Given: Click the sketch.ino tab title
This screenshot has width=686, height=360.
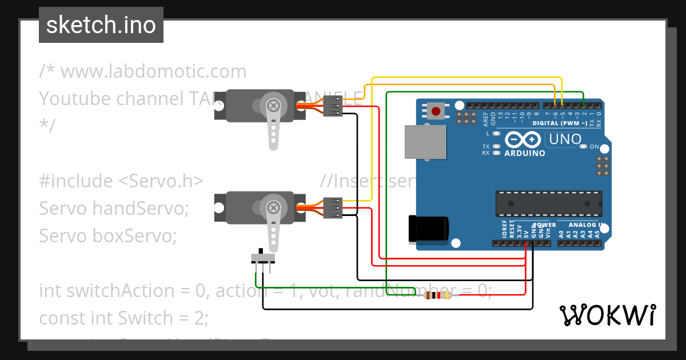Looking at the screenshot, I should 101,25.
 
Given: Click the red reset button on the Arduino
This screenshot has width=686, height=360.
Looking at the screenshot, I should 436,111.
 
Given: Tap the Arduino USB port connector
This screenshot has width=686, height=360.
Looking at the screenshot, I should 424,142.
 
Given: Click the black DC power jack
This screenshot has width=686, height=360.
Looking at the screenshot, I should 428,229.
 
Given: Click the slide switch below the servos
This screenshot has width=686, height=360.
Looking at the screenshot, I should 263,257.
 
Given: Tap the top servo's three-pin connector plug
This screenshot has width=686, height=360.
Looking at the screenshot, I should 333,106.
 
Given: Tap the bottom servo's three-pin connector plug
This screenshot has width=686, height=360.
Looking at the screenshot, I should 333,207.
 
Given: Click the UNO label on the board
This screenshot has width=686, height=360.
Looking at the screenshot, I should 564,139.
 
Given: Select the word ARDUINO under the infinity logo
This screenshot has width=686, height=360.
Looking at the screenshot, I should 524,153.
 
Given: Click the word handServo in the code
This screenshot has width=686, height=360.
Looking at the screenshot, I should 139,208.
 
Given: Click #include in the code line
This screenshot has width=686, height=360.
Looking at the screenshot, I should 77,181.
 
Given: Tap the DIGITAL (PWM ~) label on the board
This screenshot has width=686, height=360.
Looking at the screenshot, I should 559,123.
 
